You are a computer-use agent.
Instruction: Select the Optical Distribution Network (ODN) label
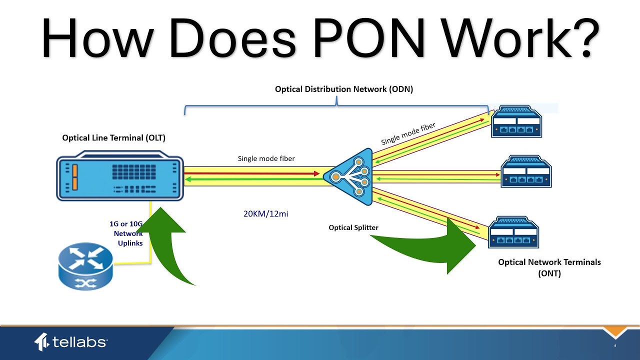(344, 89)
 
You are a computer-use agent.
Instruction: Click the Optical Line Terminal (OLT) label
(113, 138)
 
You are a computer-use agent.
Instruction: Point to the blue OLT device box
(120, 178)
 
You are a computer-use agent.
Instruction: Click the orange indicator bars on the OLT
(75, 177)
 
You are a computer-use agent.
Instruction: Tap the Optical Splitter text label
(353, 227)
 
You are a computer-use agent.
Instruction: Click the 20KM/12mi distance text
(266, 213)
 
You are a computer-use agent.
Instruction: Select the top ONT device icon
(516, 121)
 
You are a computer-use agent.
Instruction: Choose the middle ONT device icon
(526, 171)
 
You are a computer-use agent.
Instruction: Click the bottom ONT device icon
(513, 232)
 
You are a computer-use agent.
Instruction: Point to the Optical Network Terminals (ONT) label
(549, 267)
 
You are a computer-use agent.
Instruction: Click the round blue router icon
(85, 266)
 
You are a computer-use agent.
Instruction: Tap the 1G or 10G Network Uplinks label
(127, 233)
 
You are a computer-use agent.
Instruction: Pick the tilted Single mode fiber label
(408, 133)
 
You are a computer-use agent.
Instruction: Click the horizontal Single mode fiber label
(266, 158)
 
